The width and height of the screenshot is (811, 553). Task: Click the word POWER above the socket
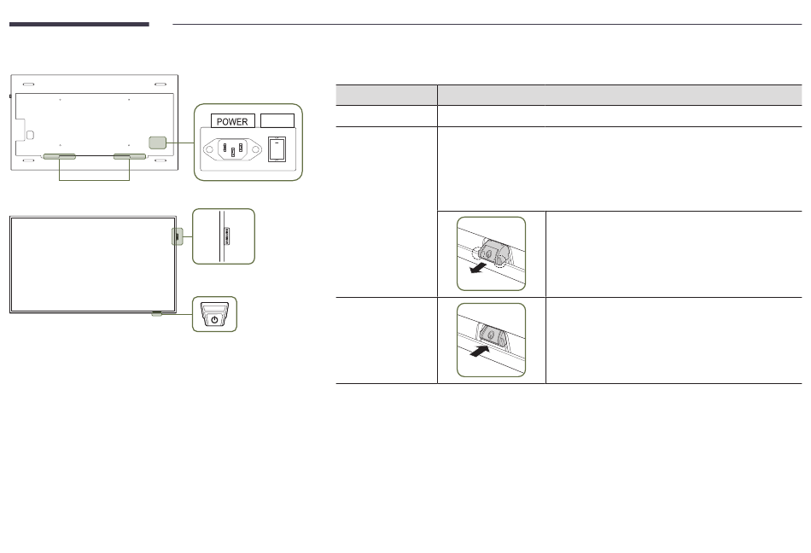pyautogui.click(x=232, y=121)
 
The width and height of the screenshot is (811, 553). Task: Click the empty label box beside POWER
pyautogui.click(x=277, y=120)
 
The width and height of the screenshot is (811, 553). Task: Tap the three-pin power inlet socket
pyautogui.click(x=230, y=150)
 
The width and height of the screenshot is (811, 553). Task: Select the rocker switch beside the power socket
pyautogui.click(x=276, y=150)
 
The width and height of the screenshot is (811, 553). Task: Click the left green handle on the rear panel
pyautogui.click(x=59, y=157)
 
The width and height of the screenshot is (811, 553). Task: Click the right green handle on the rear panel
pyautogui.click(x=130, y=157)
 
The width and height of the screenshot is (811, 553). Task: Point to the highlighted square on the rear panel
pyautogui.click(x=157, y=143)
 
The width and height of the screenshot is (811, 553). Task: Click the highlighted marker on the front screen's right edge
pyautogui.click(x=176, y=236)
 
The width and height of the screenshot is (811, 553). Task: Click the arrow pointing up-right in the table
pyautogui.click(x=480, y=349)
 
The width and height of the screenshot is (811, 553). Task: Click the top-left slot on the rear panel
pyautogui.click(x=29, y=85)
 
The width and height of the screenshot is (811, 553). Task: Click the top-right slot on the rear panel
pyautogui.click(x=159, y=85)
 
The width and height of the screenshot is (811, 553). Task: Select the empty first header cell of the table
pyautogui.click(x=386, y=95)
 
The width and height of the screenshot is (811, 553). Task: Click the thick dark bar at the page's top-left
pyautogui.click(x=79, y=25)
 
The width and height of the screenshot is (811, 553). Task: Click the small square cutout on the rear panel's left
pyautogui.click(x=31, y=135)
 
